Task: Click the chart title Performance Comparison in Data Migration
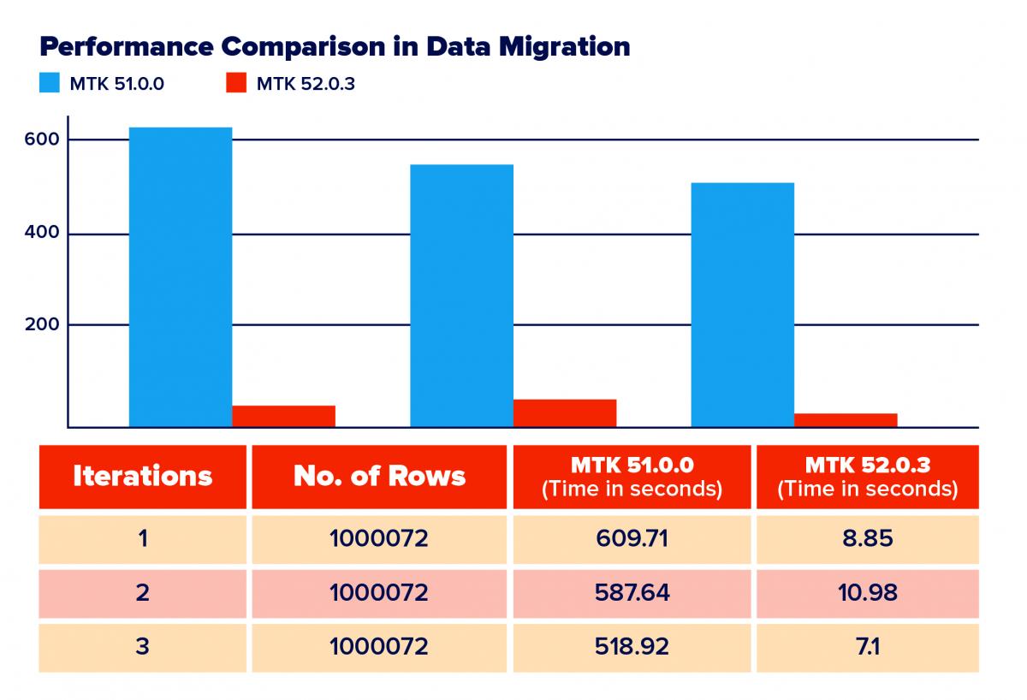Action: [x=335, y=46]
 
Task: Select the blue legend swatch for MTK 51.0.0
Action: [x=50, y=84]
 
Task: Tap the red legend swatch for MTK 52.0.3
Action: [x=236, y=84]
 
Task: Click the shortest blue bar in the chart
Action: [x=742, y=305]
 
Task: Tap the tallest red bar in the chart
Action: [x=565, y=412]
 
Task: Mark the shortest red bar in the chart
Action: [x=846, y=419]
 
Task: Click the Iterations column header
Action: [x=142, y=477]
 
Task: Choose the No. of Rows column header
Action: [x=379, y=477]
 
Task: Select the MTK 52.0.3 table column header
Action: [x=867, y=477]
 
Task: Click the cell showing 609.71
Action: [x=632, y=539]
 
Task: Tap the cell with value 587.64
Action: [x=632, y=592]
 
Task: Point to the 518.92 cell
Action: [x=632, y=646]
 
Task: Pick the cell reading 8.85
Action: [x=867, y=539]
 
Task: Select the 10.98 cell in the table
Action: [x=867, y=592]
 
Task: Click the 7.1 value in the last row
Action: [x=867, y=646]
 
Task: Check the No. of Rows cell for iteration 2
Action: [x=379, y=592]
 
